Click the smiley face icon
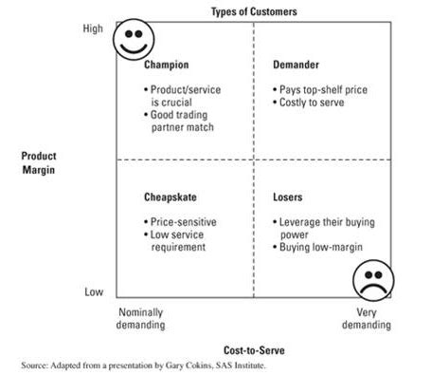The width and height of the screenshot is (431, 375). [133, 41]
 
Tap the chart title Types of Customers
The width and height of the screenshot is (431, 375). [253, 10]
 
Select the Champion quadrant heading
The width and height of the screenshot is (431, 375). [167, 66]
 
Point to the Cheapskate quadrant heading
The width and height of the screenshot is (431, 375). [171, 197]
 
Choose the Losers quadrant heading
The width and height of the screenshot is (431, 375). [288, 197]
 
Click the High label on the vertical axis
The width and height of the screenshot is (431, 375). [93, 29]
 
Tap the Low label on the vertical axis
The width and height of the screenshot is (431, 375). [94, 291]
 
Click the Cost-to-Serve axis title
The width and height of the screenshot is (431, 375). [253, 350]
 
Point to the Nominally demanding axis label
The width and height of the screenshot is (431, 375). [141, 318]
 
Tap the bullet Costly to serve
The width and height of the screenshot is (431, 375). [313, 102]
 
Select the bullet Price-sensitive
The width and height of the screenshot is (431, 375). [179, 221]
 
